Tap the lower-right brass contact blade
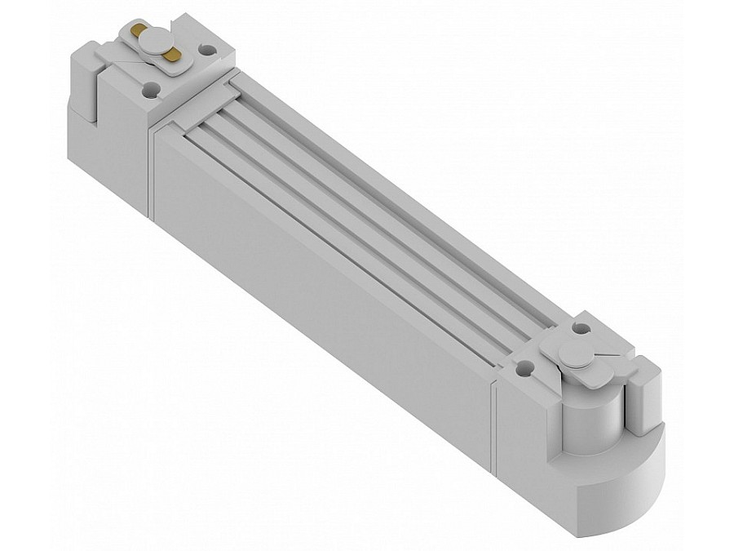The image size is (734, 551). click(171, 56)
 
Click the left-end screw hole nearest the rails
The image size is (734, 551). click(208, 50)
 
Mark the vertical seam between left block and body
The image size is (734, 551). click(151, 171)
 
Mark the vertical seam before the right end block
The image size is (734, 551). click(493, 424)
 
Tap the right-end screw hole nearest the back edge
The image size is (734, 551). click(581, 328)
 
